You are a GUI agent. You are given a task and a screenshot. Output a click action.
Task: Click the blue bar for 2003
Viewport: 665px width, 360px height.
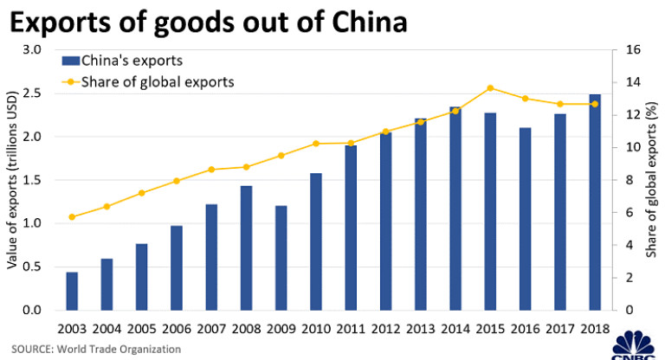72,291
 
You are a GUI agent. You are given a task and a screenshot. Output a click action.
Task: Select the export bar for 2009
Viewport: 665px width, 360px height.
281,258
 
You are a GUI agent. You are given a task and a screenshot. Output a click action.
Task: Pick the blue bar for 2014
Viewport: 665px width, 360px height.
455,209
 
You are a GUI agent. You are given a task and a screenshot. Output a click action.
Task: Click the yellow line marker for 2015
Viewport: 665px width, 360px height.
490,88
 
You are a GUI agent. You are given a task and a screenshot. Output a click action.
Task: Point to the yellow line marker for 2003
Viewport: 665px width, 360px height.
72,216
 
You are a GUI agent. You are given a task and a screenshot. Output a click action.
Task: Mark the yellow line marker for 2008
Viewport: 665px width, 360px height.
246,167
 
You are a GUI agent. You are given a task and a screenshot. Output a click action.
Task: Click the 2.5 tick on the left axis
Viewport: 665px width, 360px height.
34,93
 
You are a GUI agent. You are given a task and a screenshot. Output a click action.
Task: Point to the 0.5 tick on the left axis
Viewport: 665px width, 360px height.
34,267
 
